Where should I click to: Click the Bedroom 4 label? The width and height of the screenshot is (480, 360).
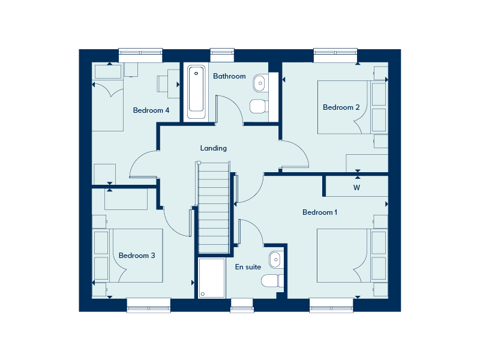(151, 110)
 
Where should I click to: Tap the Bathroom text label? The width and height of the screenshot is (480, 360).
(229, 76)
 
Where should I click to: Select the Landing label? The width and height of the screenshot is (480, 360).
(214, 148)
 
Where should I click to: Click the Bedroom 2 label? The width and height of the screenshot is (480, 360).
(341, 107)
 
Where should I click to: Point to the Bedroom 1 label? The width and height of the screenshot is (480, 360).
(320, 212)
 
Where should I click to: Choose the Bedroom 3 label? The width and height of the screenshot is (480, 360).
(137, 256)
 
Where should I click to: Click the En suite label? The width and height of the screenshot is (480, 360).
(248, 267)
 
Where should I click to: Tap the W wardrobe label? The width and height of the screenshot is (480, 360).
(356, 188)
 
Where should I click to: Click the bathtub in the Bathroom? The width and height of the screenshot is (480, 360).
(196, 92)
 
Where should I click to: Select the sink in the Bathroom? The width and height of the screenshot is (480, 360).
(259, 83)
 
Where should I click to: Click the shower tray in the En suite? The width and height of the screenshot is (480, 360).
(212, 278)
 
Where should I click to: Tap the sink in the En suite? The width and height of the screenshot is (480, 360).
(275, 260)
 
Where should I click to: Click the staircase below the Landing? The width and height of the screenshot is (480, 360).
(214, 208)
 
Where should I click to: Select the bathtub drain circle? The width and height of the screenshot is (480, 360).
(196, 73)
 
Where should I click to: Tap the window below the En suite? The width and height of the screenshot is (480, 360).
(242, 305)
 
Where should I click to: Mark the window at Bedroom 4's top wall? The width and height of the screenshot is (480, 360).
(140, 55)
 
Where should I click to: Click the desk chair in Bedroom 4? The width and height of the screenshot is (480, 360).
(162, 84)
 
